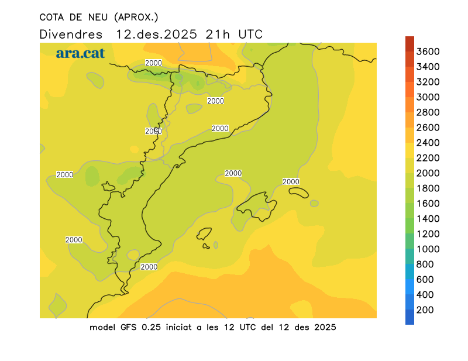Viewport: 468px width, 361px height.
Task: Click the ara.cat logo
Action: point(80,53)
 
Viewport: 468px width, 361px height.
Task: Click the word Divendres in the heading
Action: point(71,34)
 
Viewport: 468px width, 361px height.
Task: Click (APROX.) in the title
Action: point(136,16)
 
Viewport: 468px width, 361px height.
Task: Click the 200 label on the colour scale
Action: point(425,310)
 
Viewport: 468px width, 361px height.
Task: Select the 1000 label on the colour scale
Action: point(428,249)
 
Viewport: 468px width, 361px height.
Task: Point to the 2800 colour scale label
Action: point(428,112)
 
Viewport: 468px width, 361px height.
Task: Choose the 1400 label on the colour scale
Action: point(428,219)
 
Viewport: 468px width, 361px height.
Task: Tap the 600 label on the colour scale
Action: point(425,280)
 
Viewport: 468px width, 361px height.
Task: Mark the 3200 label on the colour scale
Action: point(428,82)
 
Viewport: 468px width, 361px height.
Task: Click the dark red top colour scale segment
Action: point(409,43)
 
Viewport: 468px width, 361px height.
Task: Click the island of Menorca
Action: point(298,192)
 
